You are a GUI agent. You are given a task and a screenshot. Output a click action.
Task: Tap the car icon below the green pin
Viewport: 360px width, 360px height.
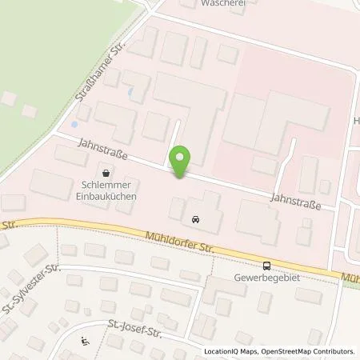pos(196,218)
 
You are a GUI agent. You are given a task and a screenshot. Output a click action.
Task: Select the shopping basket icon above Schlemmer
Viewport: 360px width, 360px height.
pos(106,171)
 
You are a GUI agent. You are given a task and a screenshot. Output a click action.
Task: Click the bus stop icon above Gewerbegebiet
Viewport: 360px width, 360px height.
pos(266,267)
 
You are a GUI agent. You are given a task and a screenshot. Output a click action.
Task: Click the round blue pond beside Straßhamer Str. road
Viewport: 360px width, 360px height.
pos(74,125)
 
